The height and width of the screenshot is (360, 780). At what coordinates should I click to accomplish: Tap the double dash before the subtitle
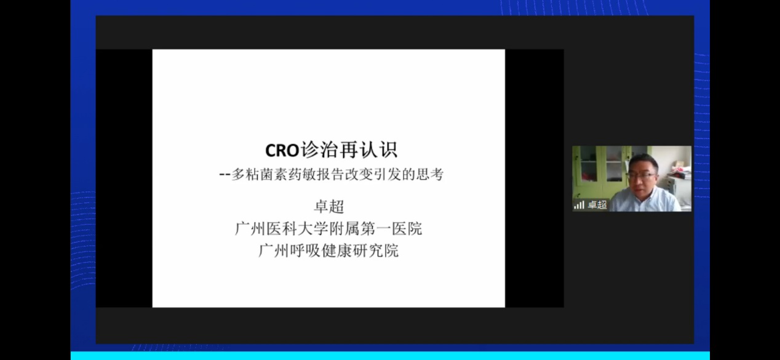tap(225, 175)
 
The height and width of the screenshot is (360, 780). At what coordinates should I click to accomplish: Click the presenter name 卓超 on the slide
tap(328, 207)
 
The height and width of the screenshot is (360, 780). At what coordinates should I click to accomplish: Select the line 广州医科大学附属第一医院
tap(328, 229)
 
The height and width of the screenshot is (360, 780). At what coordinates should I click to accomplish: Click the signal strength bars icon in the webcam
tap(579, 205)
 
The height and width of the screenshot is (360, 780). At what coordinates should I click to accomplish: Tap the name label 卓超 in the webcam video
tap(597, 205)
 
